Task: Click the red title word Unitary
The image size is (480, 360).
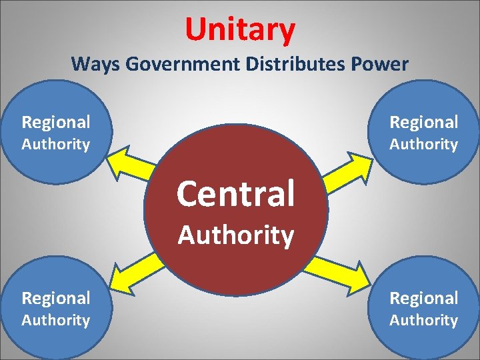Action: coord(240,29)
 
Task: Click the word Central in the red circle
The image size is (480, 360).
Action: coord(235,194)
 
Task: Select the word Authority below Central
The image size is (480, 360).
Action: coord(235,235)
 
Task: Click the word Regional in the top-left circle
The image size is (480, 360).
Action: coord(56,122)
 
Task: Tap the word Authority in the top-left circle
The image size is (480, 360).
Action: coord(56,144)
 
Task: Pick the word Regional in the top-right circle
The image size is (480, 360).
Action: coord(424,122)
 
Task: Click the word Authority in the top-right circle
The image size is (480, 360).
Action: coord(424,144)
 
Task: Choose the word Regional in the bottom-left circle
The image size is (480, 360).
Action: coord(56,298)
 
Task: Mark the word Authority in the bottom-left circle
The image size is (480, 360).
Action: coord(56,320)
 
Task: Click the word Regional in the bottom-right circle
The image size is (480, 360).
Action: coord(424,298)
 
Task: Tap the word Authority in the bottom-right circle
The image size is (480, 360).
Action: coord(424,320)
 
